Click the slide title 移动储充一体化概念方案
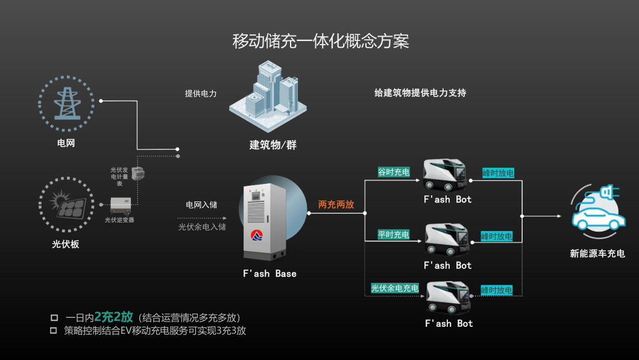tap(321, 42)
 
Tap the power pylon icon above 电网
tap(66, 104)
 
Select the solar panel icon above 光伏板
tap(66, 204)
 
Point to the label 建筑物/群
tap(273, 145)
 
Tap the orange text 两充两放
tap(336, 204)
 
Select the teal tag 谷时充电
tap(394, 172)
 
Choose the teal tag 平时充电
tap(394, 235)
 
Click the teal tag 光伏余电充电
tap(395, 288)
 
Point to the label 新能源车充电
tap(597, 253)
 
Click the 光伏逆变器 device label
tap(119, 220)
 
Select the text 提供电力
tap(201, 93)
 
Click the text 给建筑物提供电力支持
tap(420, 93)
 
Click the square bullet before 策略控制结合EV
tap(54, 330)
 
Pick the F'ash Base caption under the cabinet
tap(269, 274)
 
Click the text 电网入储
tap(201, 205)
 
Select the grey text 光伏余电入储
tap(202, 227)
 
